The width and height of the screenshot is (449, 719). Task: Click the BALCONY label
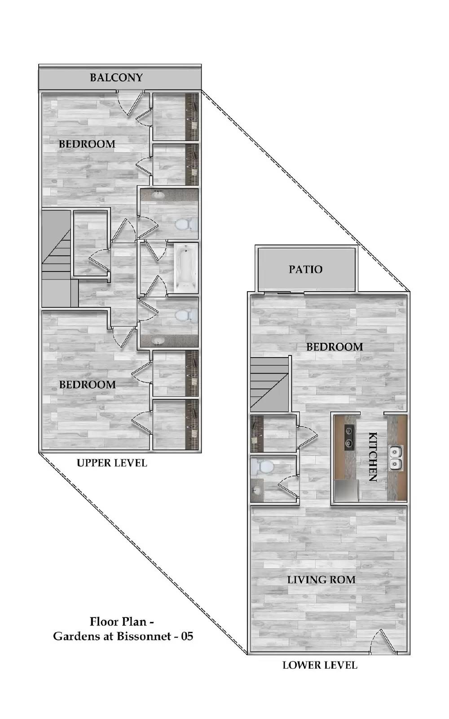coord(116,78)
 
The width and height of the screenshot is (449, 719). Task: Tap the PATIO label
coord(305,269)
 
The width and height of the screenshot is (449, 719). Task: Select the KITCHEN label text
coord(372,457)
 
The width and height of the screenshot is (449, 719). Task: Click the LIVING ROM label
coord(321,580)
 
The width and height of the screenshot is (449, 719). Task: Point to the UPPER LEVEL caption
coord(112,463)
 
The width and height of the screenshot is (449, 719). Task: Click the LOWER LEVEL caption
coord(320,665)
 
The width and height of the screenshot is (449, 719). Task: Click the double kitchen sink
coord(396,458)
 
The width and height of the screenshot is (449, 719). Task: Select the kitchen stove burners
coord(349,436)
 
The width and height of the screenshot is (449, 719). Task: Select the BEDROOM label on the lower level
coord(335,346)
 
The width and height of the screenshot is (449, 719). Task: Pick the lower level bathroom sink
coord(256,490)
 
